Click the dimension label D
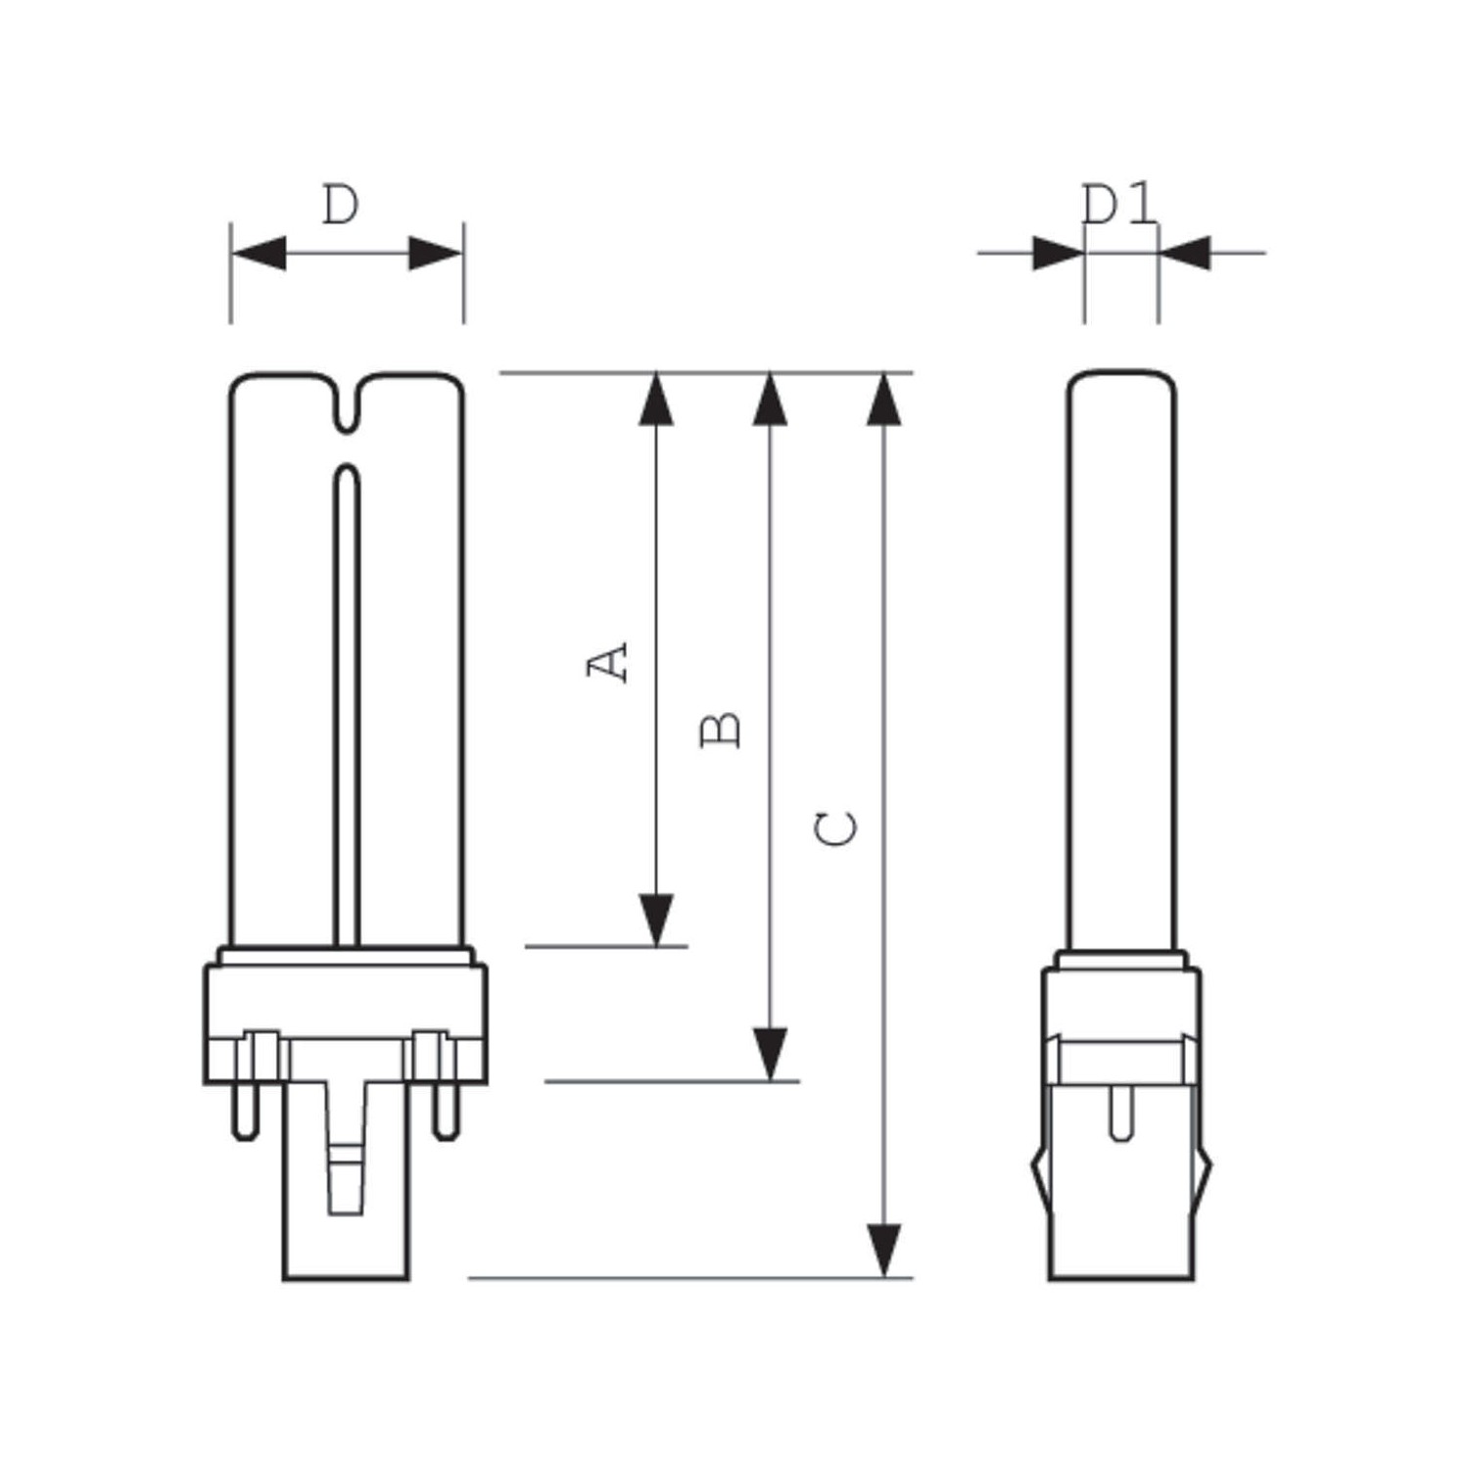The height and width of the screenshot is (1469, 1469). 341,205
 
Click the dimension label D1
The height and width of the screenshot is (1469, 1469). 1119,205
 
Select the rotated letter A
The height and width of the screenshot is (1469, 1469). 607,662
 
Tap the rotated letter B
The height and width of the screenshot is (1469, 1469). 722,731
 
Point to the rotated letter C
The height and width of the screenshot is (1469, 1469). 836,829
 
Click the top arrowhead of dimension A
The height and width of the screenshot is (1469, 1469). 655,400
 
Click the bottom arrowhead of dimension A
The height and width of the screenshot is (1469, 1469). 655,919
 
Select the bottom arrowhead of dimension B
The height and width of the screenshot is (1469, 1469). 770,1054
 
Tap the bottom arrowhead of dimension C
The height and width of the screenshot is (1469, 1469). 884,1250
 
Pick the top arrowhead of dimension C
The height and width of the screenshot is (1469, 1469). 884,400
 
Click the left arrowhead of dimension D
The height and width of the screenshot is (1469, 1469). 260,253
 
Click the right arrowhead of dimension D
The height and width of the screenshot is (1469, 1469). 435,253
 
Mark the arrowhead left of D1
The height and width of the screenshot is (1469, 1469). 1058,253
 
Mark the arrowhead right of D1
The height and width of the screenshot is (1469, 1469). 1185,253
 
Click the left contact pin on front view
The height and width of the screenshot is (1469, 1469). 245,1112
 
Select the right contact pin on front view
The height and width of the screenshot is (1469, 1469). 447,1112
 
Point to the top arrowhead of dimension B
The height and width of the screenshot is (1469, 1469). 770,400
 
